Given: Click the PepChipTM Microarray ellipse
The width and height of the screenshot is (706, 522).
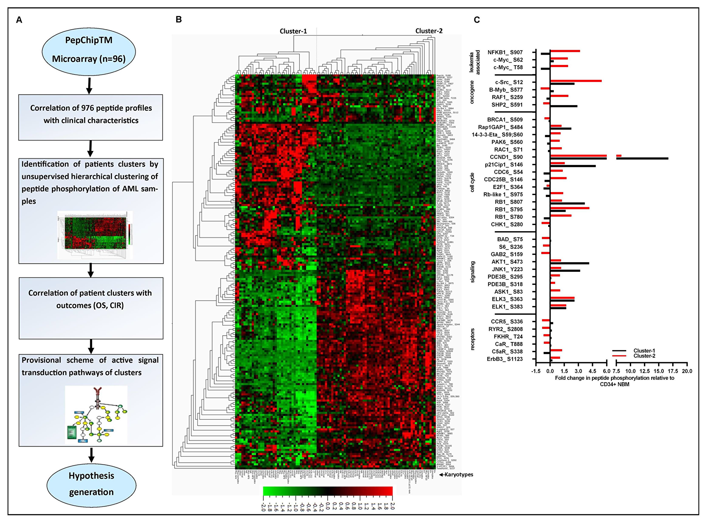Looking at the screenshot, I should [x=89, y=50].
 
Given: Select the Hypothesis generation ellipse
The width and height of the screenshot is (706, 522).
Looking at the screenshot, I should [x=91, y=484].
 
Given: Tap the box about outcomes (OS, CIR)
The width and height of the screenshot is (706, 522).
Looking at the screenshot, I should [x=91, y=308].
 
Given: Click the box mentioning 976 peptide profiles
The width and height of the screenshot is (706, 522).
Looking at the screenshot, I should [x=91, y=117].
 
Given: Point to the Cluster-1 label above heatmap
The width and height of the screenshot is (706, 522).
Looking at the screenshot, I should [x=293, y=31].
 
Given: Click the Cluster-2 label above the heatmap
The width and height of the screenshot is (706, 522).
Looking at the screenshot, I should [x=429, y=31].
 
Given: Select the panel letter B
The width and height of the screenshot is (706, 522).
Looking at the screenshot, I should [x=179, y=19].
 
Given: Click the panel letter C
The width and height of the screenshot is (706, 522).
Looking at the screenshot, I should [x=477, y=20].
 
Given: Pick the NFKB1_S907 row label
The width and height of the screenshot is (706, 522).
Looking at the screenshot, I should [x=505, y=52].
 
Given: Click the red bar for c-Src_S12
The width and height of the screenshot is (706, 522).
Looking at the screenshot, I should [x=575, y=81].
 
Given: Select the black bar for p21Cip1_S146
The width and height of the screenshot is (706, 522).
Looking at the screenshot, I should [x=573, y=166].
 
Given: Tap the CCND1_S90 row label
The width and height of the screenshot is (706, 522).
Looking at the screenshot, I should [x=506, y=157].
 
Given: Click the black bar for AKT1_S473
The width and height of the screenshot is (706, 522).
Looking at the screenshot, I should [x=569, y=263].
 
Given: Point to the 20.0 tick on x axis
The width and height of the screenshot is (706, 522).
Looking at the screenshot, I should [x=687, y=371].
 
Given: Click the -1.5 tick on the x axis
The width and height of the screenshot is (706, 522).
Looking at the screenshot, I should [x=536, y=371].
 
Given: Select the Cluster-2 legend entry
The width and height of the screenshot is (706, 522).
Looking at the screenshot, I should [x=644, y=356].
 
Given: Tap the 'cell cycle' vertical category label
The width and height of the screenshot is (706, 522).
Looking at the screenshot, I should [x=472, y=182].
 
